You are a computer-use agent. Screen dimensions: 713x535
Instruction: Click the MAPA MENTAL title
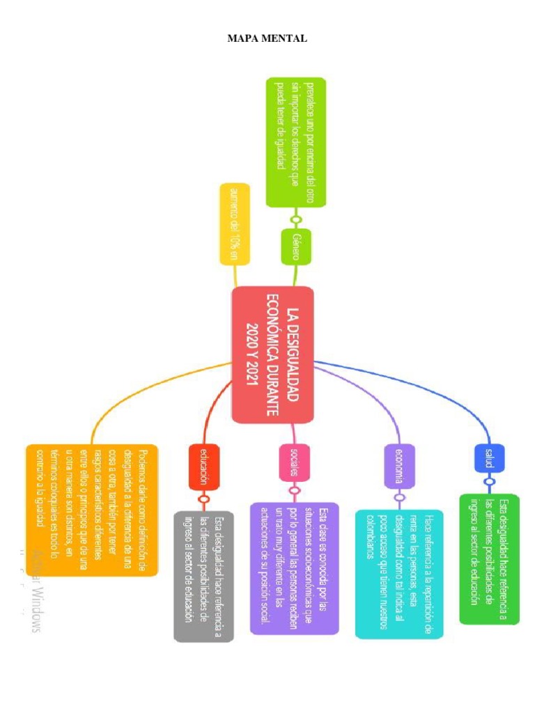[x=267, y=38]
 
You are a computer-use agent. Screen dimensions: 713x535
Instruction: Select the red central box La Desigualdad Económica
[x=273, y=355]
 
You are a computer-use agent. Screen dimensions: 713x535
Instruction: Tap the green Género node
[x=296, y=246]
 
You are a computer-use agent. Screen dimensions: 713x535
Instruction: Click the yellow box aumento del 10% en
[x=234, y=224]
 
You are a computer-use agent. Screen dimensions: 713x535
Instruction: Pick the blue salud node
[x=490, y=457]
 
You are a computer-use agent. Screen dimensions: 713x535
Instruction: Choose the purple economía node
[x=398, y=466]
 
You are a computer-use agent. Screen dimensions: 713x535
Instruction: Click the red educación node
[x=204, y=466]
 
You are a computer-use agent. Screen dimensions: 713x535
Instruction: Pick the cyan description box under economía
[x=398, y=574]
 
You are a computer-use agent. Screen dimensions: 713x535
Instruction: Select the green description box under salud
[x=489, y=558]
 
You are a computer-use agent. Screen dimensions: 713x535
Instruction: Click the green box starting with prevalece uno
[x=296, y=141]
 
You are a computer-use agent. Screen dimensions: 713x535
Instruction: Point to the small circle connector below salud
[x=490, y=482]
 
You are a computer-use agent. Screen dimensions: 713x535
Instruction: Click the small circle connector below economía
[x=398, y=498]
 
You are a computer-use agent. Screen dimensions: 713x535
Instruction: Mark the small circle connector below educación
[x=204, y=499]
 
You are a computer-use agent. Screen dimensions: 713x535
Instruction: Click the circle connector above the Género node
[x=296, y=220]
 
